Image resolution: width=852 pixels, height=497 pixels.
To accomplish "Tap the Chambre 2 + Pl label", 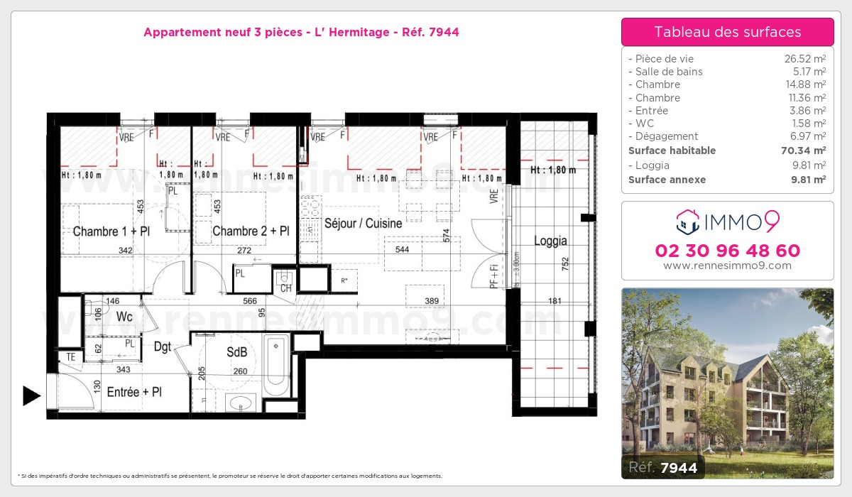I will pyautogui.click(x=251, y=231).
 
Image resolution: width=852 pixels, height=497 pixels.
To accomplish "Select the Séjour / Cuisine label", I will pyautogui.click(x=363, y=223).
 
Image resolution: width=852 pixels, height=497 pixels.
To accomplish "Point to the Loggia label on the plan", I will pyautogui.click(x=550, y=241).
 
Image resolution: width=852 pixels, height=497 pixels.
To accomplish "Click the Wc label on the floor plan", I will pyautogui.click(x=124, y=317).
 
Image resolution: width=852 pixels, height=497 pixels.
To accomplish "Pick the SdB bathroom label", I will pyautogui.click(x=237, y=352).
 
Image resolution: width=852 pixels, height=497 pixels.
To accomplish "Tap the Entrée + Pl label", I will pyautogui.click(x=134, y=391).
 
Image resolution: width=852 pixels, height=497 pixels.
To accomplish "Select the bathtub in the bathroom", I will pyautogui.click(x=275, y=366).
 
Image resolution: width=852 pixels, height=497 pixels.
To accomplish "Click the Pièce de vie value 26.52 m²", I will pyautogui.click(x=804, y=59).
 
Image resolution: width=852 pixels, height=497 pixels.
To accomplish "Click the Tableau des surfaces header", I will pyautogui.click(x=727, y=32).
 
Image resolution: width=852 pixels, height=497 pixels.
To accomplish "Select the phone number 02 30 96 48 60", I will pyautogui.click(x=727, y=251).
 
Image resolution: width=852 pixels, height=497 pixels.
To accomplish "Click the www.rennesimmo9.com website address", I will pyautogui.click(x=727, y=266).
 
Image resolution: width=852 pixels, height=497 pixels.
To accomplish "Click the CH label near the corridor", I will pyautogui.click(x=285, y=288).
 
